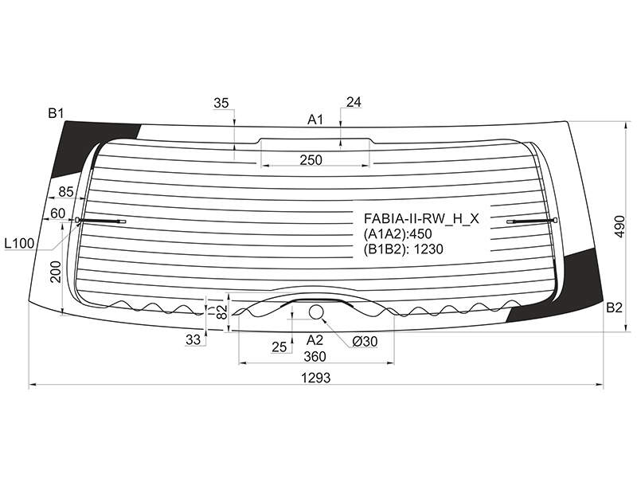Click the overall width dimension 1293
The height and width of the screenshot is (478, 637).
click(x=315, y=378)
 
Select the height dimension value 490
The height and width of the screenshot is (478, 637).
click(x=619, y=227)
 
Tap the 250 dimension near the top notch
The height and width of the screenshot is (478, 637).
click(x=311, y=160)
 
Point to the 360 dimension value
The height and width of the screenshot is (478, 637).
click(x=315, y=356)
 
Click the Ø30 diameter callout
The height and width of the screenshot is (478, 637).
click(x=365, y=342)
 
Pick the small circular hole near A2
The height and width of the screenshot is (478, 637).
click(x=315, y=312)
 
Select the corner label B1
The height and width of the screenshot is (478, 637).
click(x=56, y=113)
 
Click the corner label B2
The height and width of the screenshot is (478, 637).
click(x=614, y=308)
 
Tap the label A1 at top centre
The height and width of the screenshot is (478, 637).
click(x=315, y=119)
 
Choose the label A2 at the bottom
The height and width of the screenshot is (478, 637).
click(x=315, y=339)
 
